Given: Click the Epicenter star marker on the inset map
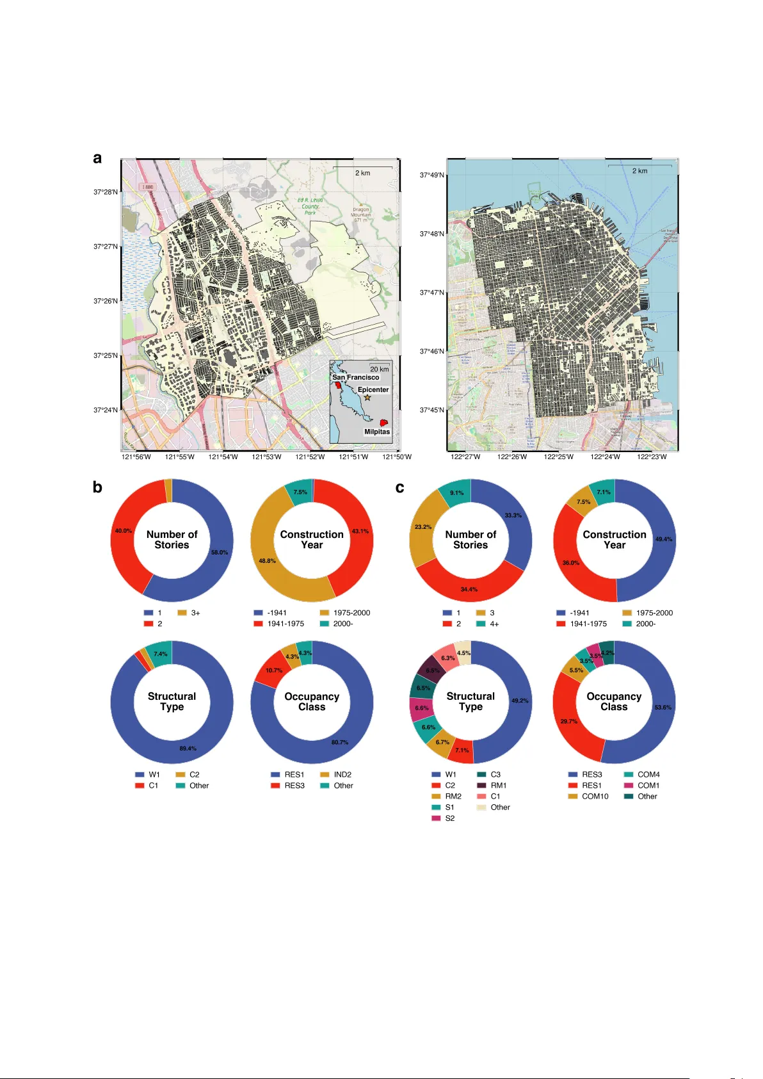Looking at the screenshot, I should [x=367, y=398].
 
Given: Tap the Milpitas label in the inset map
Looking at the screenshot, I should [x=377, y=432].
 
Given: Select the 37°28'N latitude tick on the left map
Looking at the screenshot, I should [x=106, y=192].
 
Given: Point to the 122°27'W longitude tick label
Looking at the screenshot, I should [x=465, y=457].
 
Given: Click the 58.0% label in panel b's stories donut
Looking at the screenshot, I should [x=220, y=552].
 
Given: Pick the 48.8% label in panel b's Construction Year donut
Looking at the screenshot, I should [x=267, y=560].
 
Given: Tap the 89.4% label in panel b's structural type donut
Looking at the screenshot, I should [x=188, y=748].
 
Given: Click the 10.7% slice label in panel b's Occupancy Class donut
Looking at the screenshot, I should [x=274, y=670].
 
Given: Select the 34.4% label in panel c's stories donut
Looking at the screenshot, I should [x=469, y=589].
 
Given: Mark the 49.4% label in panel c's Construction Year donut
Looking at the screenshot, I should [x=664, y=539].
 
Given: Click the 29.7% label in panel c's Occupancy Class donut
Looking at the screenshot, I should [x=569, y=721].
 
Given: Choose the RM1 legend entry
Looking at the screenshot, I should [x=498, y=785].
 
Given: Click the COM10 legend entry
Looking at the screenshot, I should [x=595, y=796].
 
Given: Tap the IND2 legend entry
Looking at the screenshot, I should [x=342, y=774].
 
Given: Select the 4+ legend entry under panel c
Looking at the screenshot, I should [x=494, y=624].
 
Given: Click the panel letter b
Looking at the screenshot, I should [x=97, y=487].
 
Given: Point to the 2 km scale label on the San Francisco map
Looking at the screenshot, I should [x=639, y=171].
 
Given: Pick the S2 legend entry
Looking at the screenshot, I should [x=449, y=818].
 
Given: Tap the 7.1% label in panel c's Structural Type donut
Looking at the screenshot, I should [x=462, y=750].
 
